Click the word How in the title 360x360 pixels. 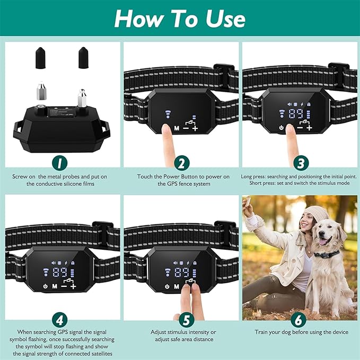139,19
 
